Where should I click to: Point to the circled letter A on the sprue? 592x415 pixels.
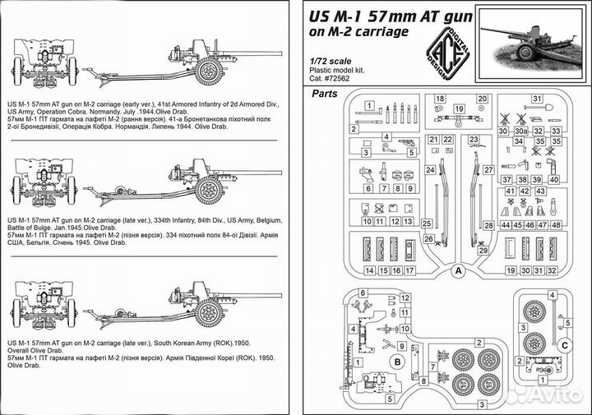pos(459,270)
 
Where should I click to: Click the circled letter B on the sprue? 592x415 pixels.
pos(395,361)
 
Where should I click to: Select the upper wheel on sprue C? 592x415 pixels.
pos(534,311)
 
